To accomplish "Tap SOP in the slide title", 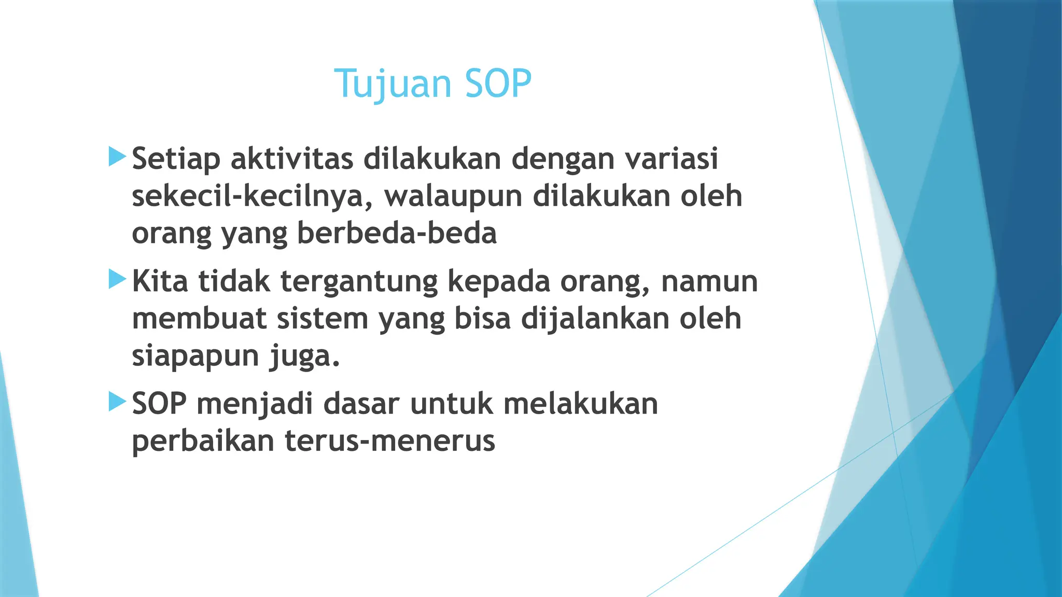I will (498, 84).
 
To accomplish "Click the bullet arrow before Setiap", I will (117, 157).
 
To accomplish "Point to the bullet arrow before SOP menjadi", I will (117, 402).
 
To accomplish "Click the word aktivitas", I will (292, 159).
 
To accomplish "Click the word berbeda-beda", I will (397, 233).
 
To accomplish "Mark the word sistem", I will (322, 319).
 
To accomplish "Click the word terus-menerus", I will (389, 441).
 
